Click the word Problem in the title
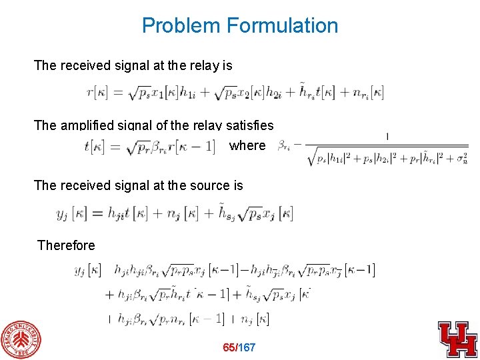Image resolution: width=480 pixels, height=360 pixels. tap(181, 26)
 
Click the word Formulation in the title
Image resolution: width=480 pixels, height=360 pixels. tap(282, 26)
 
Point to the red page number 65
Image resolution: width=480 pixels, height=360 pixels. tap(230, 348)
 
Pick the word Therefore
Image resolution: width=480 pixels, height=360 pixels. tap(67, 245)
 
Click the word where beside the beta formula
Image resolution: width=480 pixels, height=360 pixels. tap(247, 145)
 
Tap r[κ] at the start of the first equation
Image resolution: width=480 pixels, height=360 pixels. tap(100, 93)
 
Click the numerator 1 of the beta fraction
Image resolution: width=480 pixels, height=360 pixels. tap(387, 137)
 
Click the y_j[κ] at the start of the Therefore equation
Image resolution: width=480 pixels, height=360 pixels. tap(87, 270)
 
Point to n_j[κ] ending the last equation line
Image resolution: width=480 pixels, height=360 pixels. tap(255, 319)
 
